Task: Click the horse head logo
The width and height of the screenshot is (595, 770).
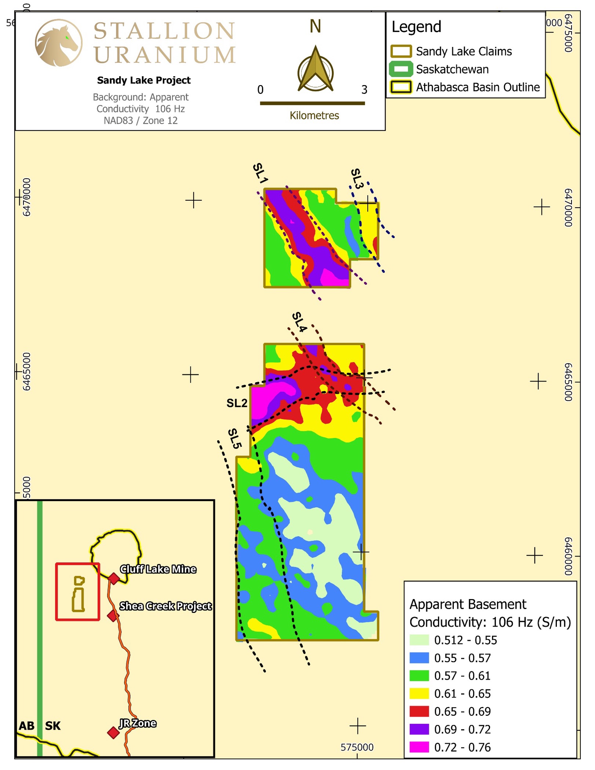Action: [58, 43]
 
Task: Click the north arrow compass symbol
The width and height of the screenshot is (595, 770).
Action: [315, 69]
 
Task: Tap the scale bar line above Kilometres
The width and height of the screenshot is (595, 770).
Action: [312, 103]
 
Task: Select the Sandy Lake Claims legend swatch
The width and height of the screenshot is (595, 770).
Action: [401, 51]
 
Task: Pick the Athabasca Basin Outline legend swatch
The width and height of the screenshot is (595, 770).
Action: [401, 87]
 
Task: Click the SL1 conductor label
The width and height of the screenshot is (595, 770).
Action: [260, 173]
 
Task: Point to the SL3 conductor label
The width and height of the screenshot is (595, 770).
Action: [357, 178]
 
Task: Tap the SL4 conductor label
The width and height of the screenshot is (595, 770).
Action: [299, 322]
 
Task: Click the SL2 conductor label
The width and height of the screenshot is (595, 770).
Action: [237, 403]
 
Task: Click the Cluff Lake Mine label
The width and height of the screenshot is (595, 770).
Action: [158, 569]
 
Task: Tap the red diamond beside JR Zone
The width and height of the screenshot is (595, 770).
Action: [113, 733]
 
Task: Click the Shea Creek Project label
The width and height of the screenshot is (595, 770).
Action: [165, 606]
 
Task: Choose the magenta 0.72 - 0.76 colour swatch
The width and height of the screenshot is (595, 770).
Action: [419, 747]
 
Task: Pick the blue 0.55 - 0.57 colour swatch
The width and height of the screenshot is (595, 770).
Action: [419, 658]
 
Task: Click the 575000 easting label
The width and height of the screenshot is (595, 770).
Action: [357, 747]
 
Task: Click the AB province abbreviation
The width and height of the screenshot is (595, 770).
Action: [26, 726]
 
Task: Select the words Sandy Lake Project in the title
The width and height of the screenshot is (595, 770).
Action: [144, 80]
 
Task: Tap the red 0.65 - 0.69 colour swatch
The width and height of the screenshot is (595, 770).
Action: [419, 711]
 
